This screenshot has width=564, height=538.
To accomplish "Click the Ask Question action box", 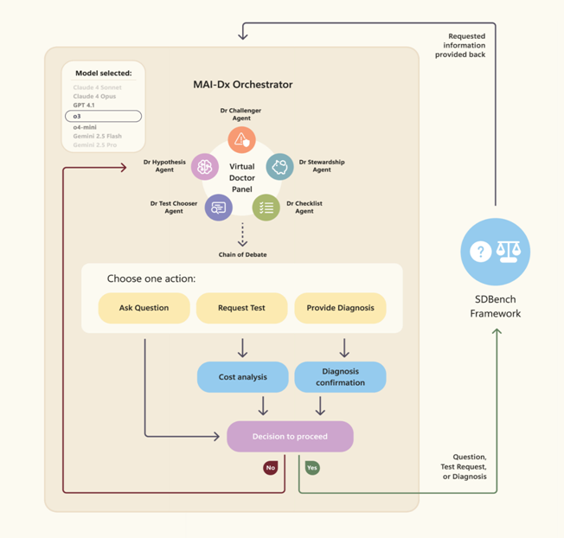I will point(144,308).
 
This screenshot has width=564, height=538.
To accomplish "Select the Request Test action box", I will point(242,308).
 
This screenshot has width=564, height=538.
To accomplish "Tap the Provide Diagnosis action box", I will point(340,308).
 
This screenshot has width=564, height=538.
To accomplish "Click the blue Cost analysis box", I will point(242,377).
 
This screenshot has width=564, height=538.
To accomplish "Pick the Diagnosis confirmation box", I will point(340,377).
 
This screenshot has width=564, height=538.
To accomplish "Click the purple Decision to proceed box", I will point(290,437).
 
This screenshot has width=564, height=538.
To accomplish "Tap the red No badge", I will point(271,468).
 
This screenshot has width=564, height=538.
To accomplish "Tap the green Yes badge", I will point(312,468).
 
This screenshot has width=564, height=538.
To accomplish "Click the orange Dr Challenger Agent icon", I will point(241,139).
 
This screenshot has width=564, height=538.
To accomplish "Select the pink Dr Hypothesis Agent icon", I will point(205,166).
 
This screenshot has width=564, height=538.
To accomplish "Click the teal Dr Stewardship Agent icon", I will point(279,166).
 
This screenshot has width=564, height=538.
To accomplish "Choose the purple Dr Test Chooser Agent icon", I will point(218,208).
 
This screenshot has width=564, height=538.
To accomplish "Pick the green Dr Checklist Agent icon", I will point(266,208).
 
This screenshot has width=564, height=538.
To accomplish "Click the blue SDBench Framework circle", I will point(495,252).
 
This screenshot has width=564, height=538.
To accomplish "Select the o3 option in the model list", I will point(103,116).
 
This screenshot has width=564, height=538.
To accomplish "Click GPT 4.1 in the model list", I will point(86,105).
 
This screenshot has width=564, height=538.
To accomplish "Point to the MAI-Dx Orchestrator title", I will point(242,85).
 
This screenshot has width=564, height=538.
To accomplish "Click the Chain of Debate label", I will point(242,254).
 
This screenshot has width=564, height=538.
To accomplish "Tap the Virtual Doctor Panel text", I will point(242,177).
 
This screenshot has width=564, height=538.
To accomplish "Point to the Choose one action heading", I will point(151,279).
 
